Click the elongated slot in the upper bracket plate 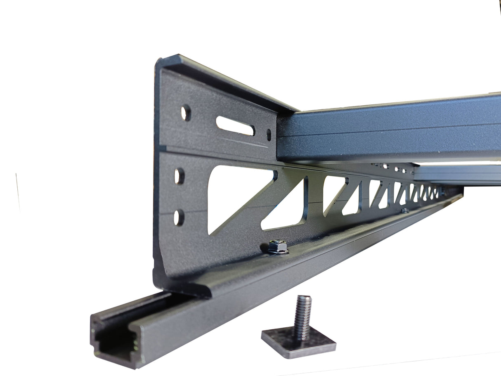235,125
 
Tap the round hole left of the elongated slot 186,113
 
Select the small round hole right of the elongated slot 269,135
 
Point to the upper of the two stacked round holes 179,176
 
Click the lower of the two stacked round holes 179,218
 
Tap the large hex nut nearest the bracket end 278,247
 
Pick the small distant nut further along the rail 405,210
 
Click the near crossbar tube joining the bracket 388,128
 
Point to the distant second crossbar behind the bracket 458,174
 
